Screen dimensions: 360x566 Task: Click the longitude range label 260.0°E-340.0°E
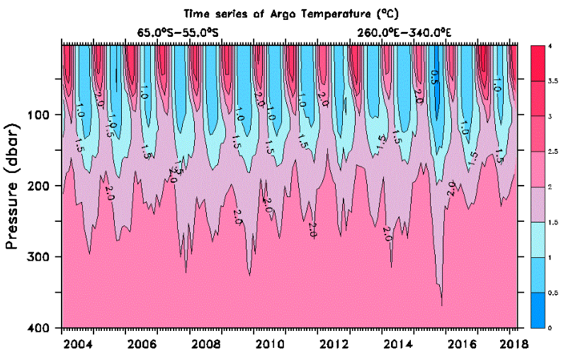405,33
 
